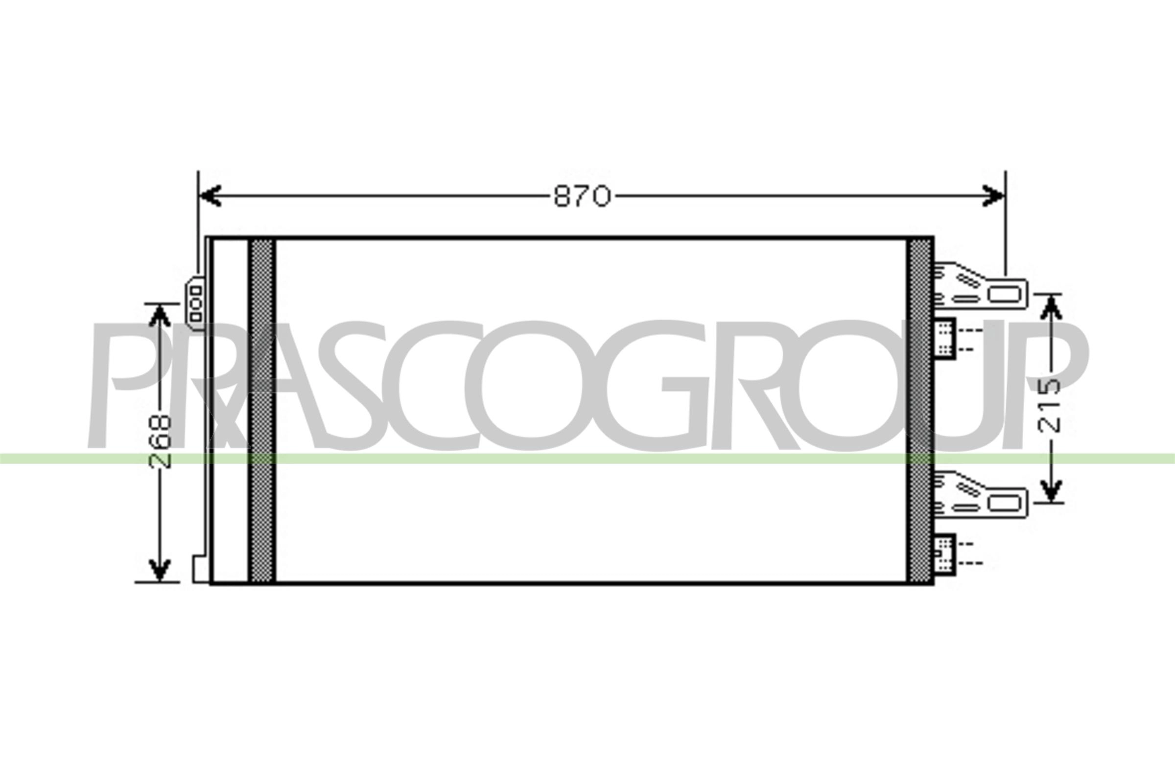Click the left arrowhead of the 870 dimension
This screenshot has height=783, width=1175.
point(210,195)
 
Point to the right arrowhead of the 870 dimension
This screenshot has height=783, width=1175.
point(993,195)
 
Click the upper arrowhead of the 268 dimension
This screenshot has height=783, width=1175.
point(160,315)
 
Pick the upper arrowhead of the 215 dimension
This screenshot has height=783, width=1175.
point(1052,307)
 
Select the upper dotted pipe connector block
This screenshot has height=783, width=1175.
point(945,338)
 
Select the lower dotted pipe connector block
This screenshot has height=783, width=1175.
point(945,554)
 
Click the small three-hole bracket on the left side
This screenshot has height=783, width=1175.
point(195,303)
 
